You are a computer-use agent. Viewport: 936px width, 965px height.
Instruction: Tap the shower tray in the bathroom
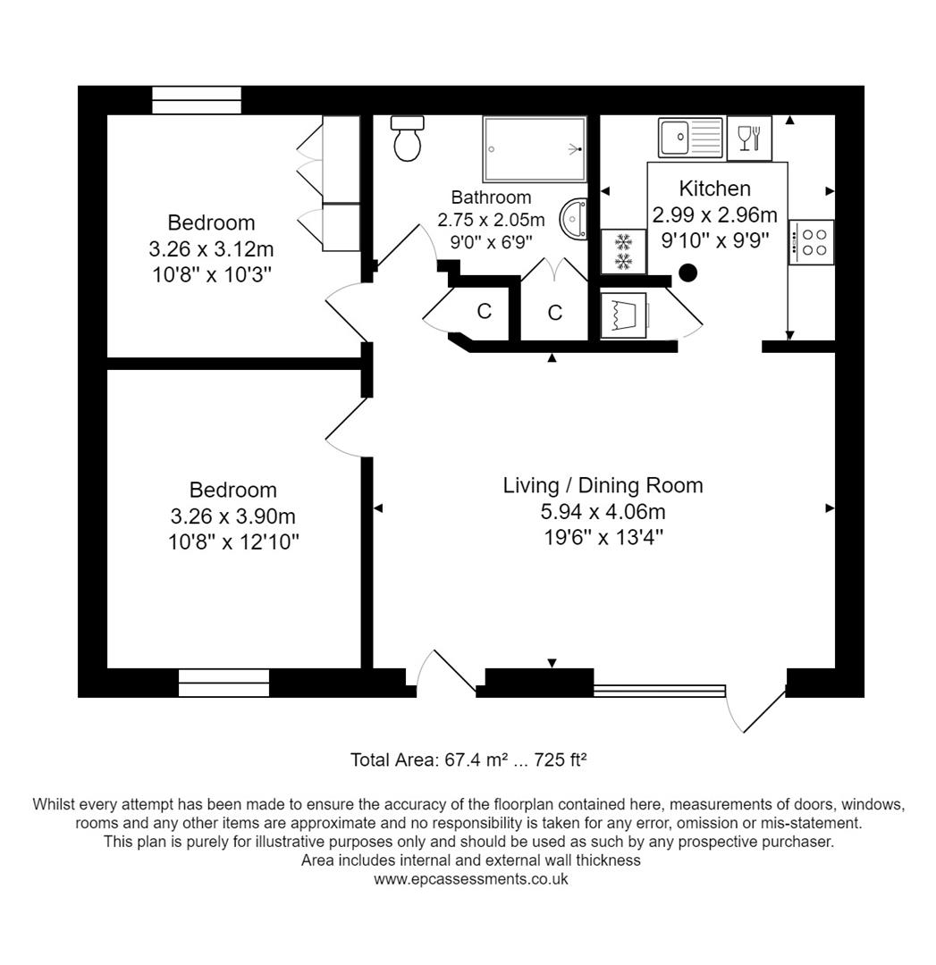point(535,149)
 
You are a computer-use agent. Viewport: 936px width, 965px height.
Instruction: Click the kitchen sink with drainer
point(690,138)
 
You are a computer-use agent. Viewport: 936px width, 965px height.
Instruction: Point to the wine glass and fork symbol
point(749,138)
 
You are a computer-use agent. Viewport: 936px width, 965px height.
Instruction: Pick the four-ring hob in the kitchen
point(812,242)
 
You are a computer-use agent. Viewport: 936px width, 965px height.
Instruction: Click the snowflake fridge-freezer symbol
point(623,251)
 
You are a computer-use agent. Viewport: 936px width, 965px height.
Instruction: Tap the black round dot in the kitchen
point(687,273)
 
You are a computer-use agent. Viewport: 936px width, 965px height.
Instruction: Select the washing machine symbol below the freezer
point(623,315)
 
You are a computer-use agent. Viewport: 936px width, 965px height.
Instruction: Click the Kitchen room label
point(714,189)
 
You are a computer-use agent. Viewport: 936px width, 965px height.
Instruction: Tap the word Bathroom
point(491,197)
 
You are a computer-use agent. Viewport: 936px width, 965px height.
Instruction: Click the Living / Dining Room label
point(603,485)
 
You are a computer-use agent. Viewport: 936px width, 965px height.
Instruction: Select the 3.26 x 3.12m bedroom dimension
point(211,248)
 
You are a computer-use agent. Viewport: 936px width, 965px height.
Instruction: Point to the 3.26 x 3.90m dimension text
point(232,516)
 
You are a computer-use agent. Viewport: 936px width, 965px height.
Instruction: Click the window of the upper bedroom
point(197,100)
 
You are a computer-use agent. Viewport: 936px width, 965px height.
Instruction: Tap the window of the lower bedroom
point(223,683)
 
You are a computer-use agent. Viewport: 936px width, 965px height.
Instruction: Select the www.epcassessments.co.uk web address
point(470,878)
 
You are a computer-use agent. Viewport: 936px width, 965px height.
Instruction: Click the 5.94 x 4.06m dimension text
point(603,511)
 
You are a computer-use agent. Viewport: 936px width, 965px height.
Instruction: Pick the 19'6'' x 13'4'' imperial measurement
point(603,537)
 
